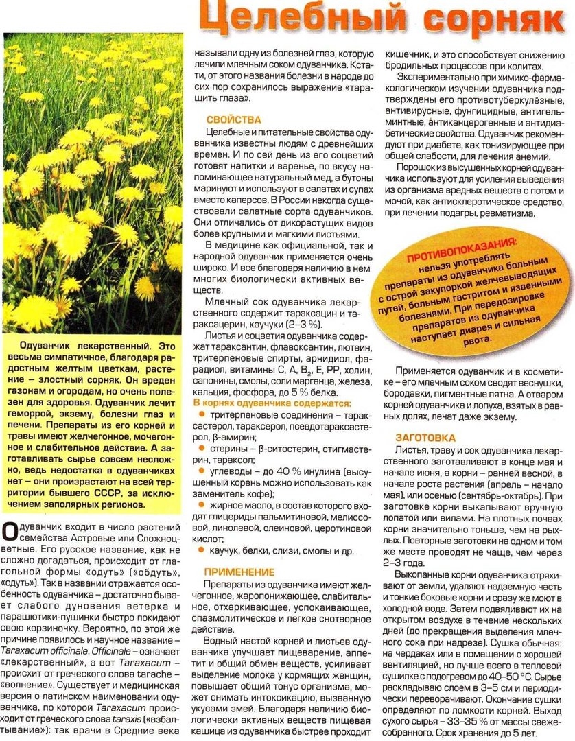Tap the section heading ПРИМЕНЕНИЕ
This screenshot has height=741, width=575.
pyautogui.click(x=238, y=572)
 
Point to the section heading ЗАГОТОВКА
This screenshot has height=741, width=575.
pyautogui.click(x=425, y=438)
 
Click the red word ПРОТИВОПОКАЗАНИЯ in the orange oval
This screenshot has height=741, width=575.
pyautogui.click(x=460, y=251)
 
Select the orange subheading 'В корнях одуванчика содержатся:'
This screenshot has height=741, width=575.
pyautogui.click(x=272, y=403)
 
